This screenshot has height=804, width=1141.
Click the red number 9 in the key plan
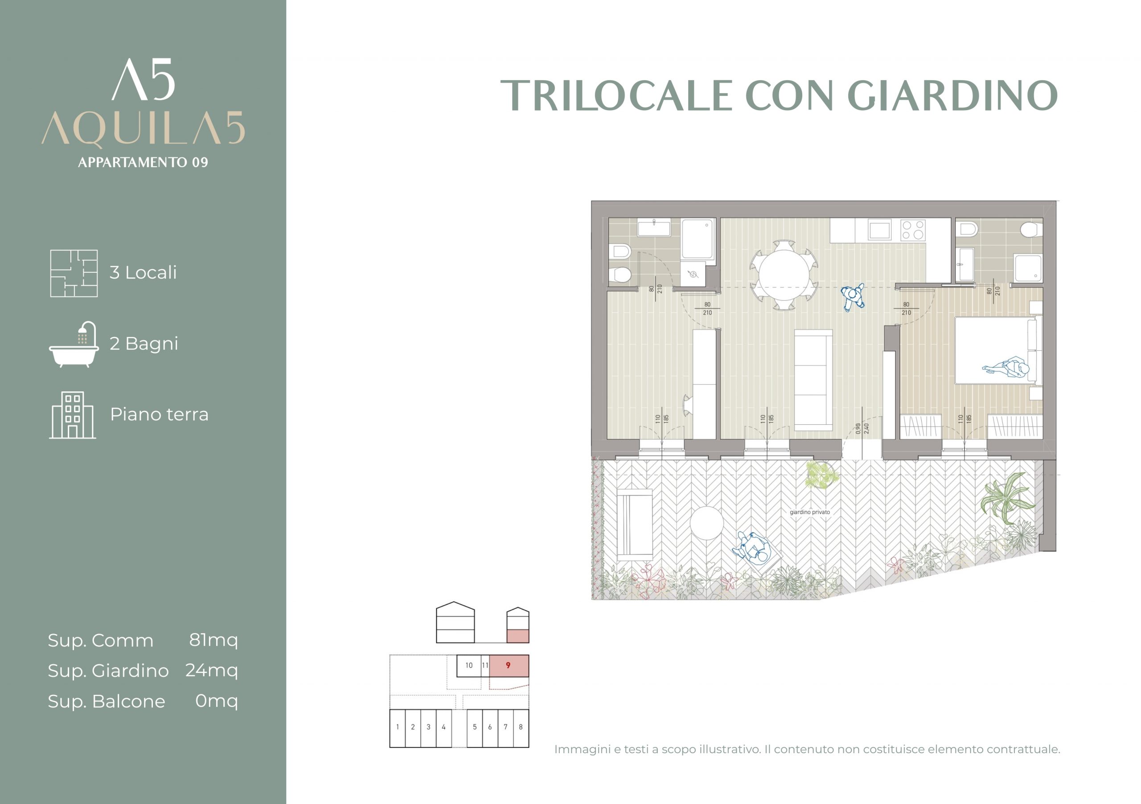(x=508, y=665)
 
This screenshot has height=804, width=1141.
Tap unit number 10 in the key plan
(x=468, y=665)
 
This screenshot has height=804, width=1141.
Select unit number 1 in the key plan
(x=398, y=727)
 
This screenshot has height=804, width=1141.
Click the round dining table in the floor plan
(x=784, y=275)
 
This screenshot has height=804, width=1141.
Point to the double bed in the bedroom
(x=998, y=350)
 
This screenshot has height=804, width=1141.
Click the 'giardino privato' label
(x=809, y=512)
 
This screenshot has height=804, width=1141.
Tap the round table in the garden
(x=707, y=523)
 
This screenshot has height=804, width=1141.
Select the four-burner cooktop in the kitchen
(x=913, y=230)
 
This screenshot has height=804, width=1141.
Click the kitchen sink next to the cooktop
(x=880, y=230)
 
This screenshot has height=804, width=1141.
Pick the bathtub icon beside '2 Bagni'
(x=74, y=344)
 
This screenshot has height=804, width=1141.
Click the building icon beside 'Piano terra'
(x=73, y=415)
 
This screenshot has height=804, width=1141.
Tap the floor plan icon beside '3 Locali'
(x=74, y=273)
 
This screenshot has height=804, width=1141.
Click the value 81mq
(x=213, y=640)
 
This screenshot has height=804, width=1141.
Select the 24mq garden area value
(x=212, y=671)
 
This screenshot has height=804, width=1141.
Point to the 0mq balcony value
(x=217, y=701)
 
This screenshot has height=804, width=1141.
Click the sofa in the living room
(x=813, y=380)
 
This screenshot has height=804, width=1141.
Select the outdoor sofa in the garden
(x=635, y=525)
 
